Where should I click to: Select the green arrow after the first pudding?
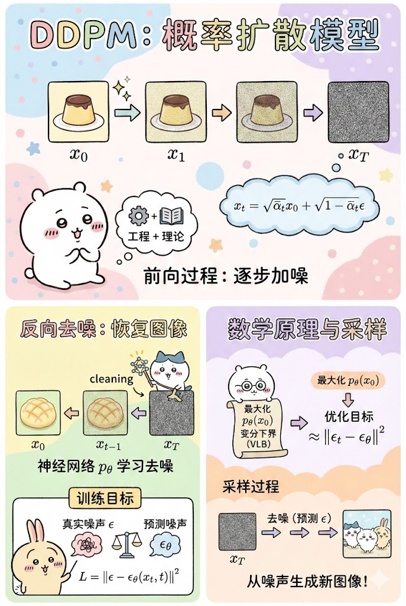128,113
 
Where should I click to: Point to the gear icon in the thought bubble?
138,216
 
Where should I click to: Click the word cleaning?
111,379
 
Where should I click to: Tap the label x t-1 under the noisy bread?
108,446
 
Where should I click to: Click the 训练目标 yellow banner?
104,498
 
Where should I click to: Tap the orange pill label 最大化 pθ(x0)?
349,381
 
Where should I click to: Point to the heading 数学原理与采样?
307,329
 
